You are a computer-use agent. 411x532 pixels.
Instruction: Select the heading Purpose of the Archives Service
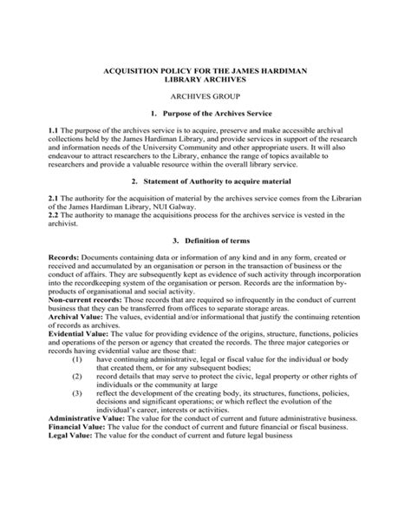click(212, 114)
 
